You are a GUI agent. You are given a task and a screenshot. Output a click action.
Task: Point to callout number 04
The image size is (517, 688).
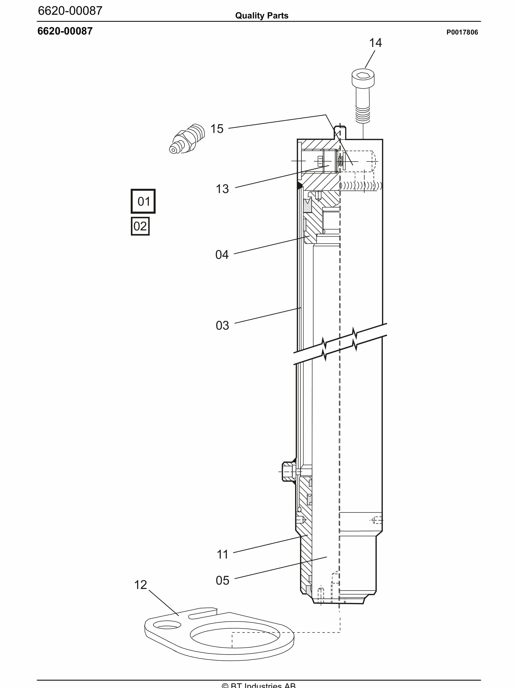click(222, 255)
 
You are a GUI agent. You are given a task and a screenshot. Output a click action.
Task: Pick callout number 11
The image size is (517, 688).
click(222, 554)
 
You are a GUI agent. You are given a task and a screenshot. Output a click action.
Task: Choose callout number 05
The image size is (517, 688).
click(222, 580)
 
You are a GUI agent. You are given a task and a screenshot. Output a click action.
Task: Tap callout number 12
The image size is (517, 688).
click(140, 585)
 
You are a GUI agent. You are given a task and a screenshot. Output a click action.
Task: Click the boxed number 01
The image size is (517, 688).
click(143, 201)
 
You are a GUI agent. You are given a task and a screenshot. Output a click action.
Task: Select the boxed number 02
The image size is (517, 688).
click(140, 226)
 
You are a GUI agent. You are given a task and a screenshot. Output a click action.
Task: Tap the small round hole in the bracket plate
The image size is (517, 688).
click(167, 625)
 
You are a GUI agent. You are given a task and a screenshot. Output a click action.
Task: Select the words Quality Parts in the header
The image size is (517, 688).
click(262, 16)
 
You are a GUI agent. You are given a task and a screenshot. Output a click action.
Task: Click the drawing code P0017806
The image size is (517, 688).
click(462, 32)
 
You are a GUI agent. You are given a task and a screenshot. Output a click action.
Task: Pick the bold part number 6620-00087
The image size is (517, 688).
click(65, 31)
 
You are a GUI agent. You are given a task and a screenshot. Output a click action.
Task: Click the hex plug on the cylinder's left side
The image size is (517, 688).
click(288, 472)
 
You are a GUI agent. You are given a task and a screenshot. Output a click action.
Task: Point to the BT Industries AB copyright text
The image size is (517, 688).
click(258, 685)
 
